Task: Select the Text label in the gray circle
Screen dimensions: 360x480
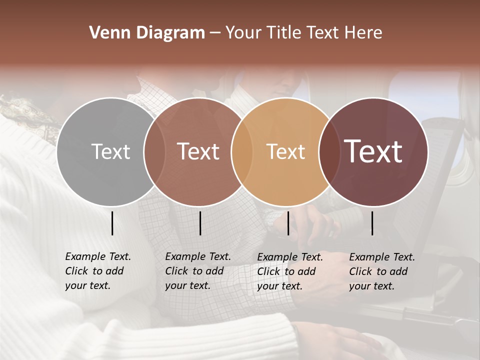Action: click(110, 151)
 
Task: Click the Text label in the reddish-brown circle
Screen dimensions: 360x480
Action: click(198, 151)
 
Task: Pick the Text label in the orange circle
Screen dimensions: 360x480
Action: click(285, 151)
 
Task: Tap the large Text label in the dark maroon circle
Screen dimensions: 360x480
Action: click(373, 151)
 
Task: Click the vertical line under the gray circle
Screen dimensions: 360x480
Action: click(112, 223)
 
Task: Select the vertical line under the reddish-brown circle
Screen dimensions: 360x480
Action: click(200, 223)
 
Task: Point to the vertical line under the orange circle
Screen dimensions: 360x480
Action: click(288, 223)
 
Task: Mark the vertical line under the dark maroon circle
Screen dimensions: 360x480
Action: click(372, 223)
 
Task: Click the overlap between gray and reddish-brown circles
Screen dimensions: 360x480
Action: click(154, 152)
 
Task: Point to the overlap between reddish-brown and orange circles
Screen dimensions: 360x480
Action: click(242, 152)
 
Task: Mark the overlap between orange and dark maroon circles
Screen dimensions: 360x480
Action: click(329, 152)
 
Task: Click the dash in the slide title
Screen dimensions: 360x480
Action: click(215, 33)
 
